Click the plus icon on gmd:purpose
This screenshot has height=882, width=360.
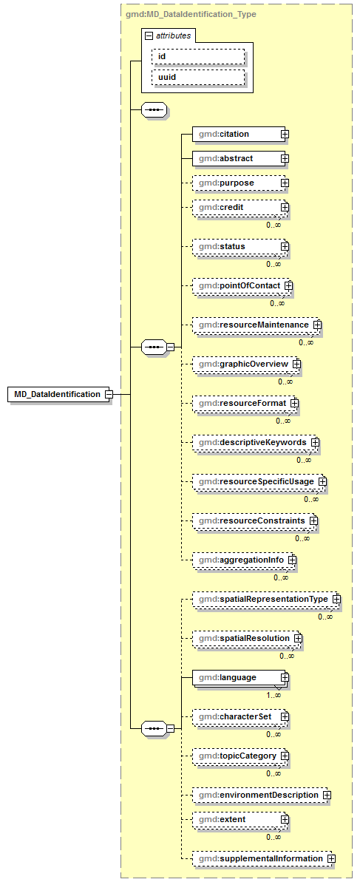pyautogui.click(x=285, y=183)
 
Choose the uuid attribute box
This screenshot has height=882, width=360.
pyautogui.click(x=197, y=77)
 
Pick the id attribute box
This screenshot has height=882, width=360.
pyautogui.click(x=197, y=56)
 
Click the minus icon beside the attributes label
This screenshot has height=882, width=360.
pyautogui.click(x=149, y=35)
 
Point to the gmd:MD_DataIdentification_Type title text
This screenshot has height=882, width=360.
pyautogui.click(x=191, y=14)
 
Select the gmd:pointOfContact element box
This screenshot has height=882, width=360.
pyautogui.click(x=239, y=285)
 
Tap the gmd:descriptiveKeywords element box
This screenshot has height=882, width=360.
pyautogui.click(x=251, y=442)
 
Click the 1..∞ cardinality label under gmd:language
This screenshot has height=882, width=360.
pyautogui.click(x=274, y=695)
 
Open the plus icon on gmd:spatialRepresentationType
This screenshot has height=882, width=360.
pyautogui.click(x=336, y=598)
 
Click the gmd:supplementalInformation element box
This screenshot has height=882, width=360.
pyautogui.click(x=259, y=858)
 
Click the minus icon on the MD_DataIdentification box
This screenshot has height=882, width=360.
pyautogui.click(x=109, y=394)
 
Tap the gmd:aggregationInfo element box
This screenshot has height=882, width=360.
pyautogui.click(x=240, y=560)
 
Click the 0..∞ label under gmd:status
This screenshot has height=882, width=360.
pyautogui.click(x=274, y=264)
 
